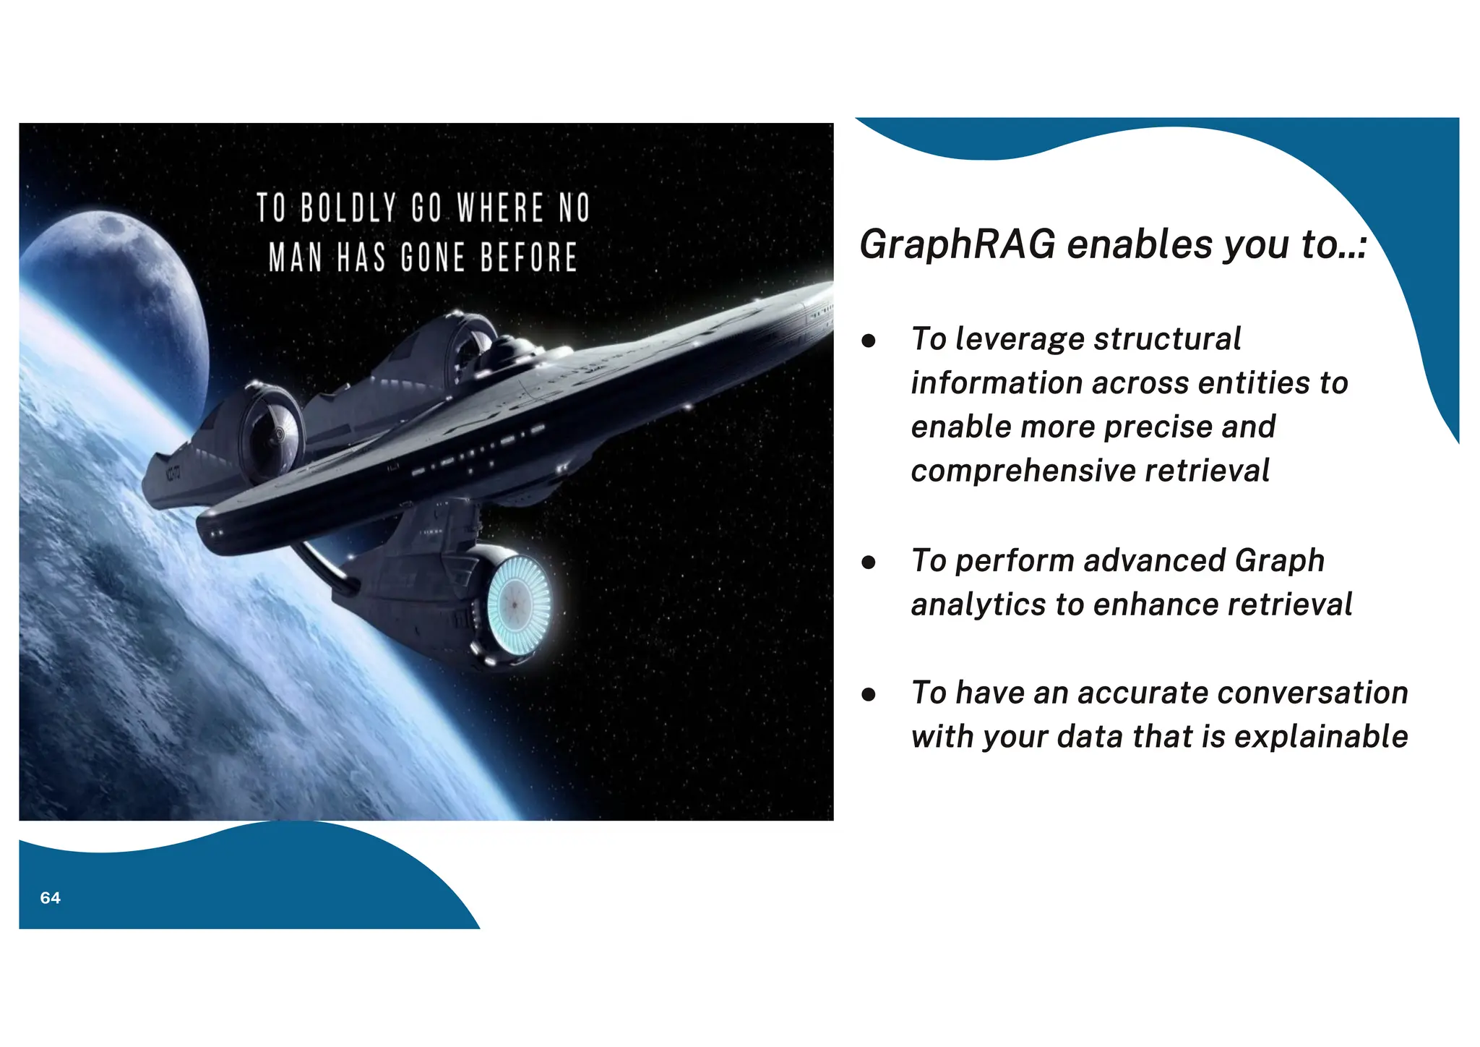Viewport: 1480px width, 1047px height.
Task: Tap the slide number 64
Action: (x=50, y=898)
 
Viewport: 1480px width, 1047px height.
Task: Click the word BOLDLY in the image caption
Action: (x=348, y=208)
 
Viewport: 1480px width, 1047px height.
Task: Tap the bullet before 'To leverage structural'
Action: (x=869, y=340)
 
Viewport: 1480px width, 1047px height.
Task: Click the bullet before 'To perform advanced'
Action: (x=869, y=562)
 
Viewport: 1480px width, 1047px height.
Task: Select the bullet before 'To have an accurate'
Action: (x=869, y=694)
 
